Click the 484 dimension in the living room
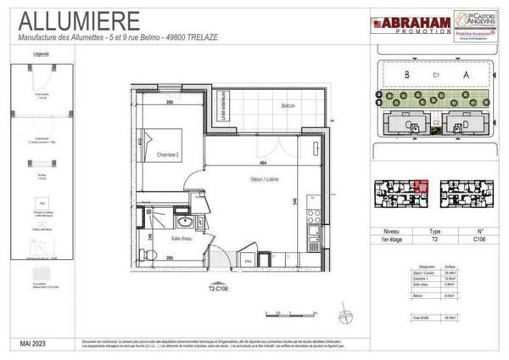click(x=264, y=164)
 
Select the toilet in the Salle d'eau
click(x=147, y=254)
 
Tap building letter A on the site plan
click(x=466, y=75)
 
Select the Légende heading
click(x=41, y=53)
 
